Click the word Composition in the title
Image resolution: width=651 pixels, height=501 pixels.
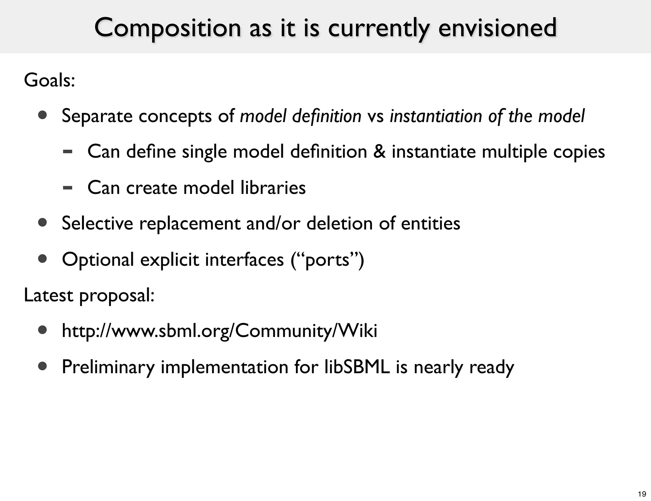point(167,28)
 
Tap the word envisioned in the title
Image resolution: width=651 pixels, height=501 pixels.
point(497,28)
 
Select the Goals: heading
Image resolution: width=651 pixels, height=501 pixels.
point(49,80)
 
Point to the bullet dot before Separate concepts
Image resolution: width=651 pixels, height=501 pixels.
point(42,115)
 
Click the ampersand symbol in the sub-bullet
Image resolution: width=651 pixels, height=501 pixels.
point(379,151)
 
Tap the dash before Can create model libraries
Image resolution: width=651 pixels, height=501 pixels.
point(67,188)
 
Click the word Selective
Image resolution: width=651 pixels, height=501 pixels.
point(97,223)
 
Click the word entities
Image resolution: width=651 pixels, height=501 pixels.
point(430,223)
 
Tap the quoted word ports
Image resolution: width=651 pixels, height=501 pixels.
point(327,260)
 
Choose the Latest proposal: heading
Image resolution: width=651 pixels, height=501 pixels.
point(89,295)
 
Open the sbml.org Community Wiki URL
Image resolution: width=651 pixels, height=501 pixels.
point(219,331)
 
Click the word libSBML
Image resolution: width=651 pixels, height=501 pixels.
point(357,367)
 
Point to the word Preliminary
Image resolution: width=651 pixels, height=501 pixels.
point(108,367)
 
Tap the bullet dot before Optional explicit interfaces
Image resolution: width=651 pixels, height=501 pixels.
point(42,259)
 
